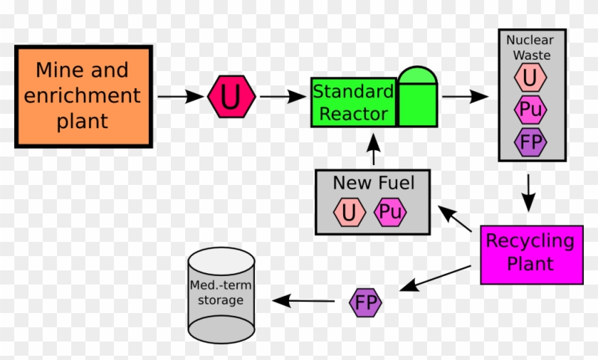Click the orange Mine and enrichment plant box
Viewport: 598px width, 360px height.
click(83, 96)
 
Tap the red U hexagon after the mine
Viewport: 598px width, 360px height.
click(231, 97)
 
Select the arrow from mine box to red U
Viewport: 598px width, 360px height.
click(180, 96)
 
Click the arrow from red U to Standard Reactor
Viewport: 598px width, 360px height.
click(283, 96)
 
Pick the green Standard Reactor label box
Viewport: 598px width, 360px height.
click(353, 102)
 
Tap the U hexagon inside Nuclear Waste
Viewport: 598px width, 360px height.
click(531, 78)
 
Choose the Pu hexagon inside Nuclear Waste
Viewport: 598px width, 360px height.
click(531, 110)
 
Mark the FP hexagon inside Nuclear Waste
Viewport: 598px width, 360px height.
click(531, 142)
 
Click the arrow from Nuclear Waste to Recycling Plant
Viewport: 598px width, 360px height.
click(528, 192)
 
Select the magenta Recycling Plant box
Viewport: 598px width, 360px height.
click(530, 253)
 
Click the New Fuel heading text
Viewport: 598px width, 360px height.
click(373, 183)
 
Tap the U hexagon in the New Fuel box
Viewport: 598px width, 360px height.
click(349, 212)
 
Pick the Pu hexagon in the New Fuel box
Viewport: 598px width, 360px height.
click(389, 212)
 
